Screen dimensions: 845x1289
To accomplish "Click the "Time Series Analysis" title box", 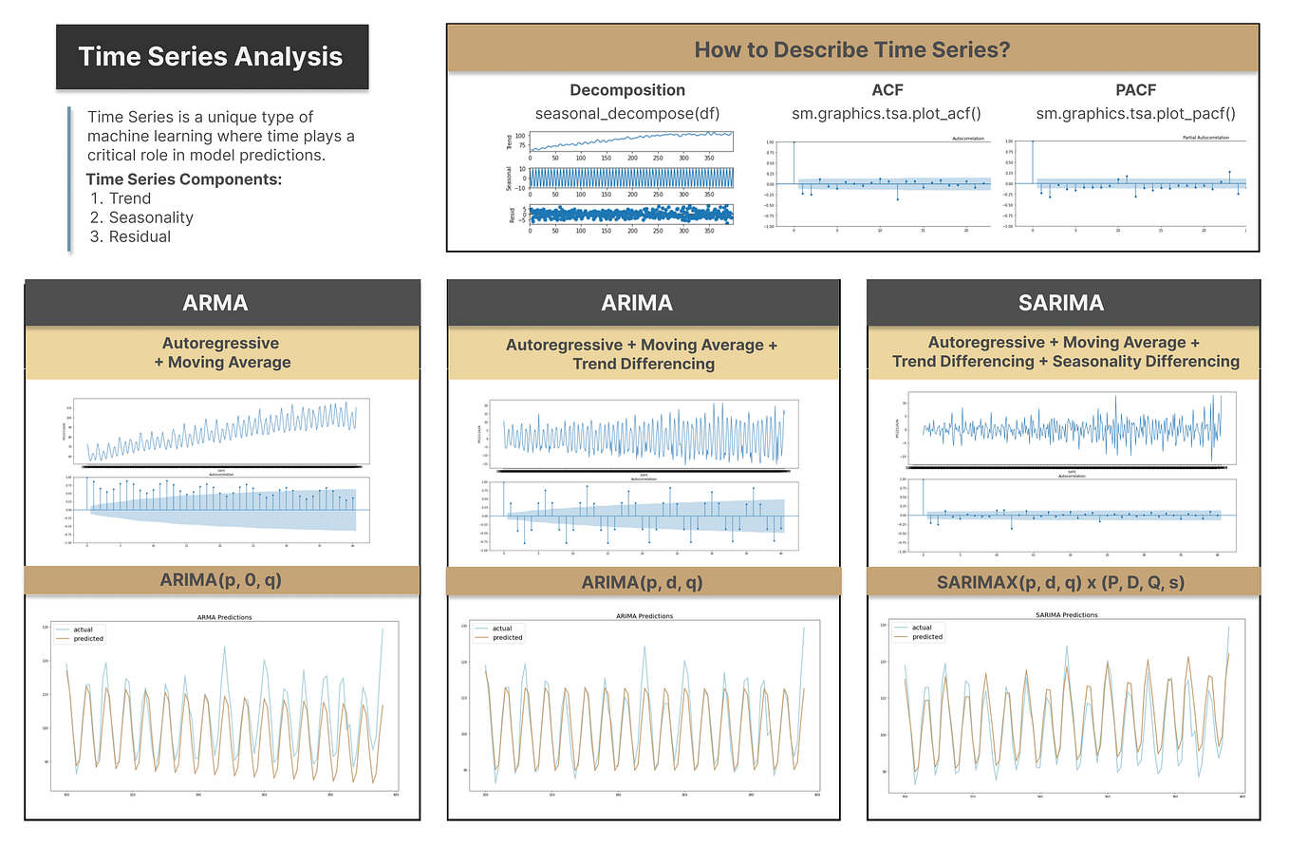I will coord(211,56).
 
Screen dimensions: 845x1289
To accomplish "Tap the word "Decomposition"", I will coord(626,90).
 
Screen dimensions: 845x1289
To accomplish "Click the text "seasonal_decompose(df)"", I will coord(626,113).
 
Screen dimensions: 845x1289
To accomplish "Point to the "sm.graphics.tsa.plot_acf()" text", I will coord(880,113).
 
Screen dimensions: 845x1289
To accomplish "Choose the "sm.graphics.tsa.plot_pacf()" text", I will coord(1134,113).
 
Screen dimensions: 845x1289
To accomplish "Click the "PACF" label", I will coord(1134,90).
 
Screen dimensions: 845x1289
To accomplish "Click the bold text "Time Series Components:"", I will coord(183,179).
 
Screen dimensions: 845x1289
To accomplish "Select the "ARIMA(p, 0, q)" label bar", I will coord(221,581).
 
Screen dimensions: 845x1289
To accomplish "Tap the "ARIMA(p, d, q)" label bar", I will coord(643,581).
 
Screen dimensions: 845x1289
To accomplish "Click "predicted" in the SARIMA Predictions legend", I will coord(927,637).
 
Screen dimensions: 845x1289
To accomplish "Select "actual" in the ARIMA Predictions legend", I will coord(503,629).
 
